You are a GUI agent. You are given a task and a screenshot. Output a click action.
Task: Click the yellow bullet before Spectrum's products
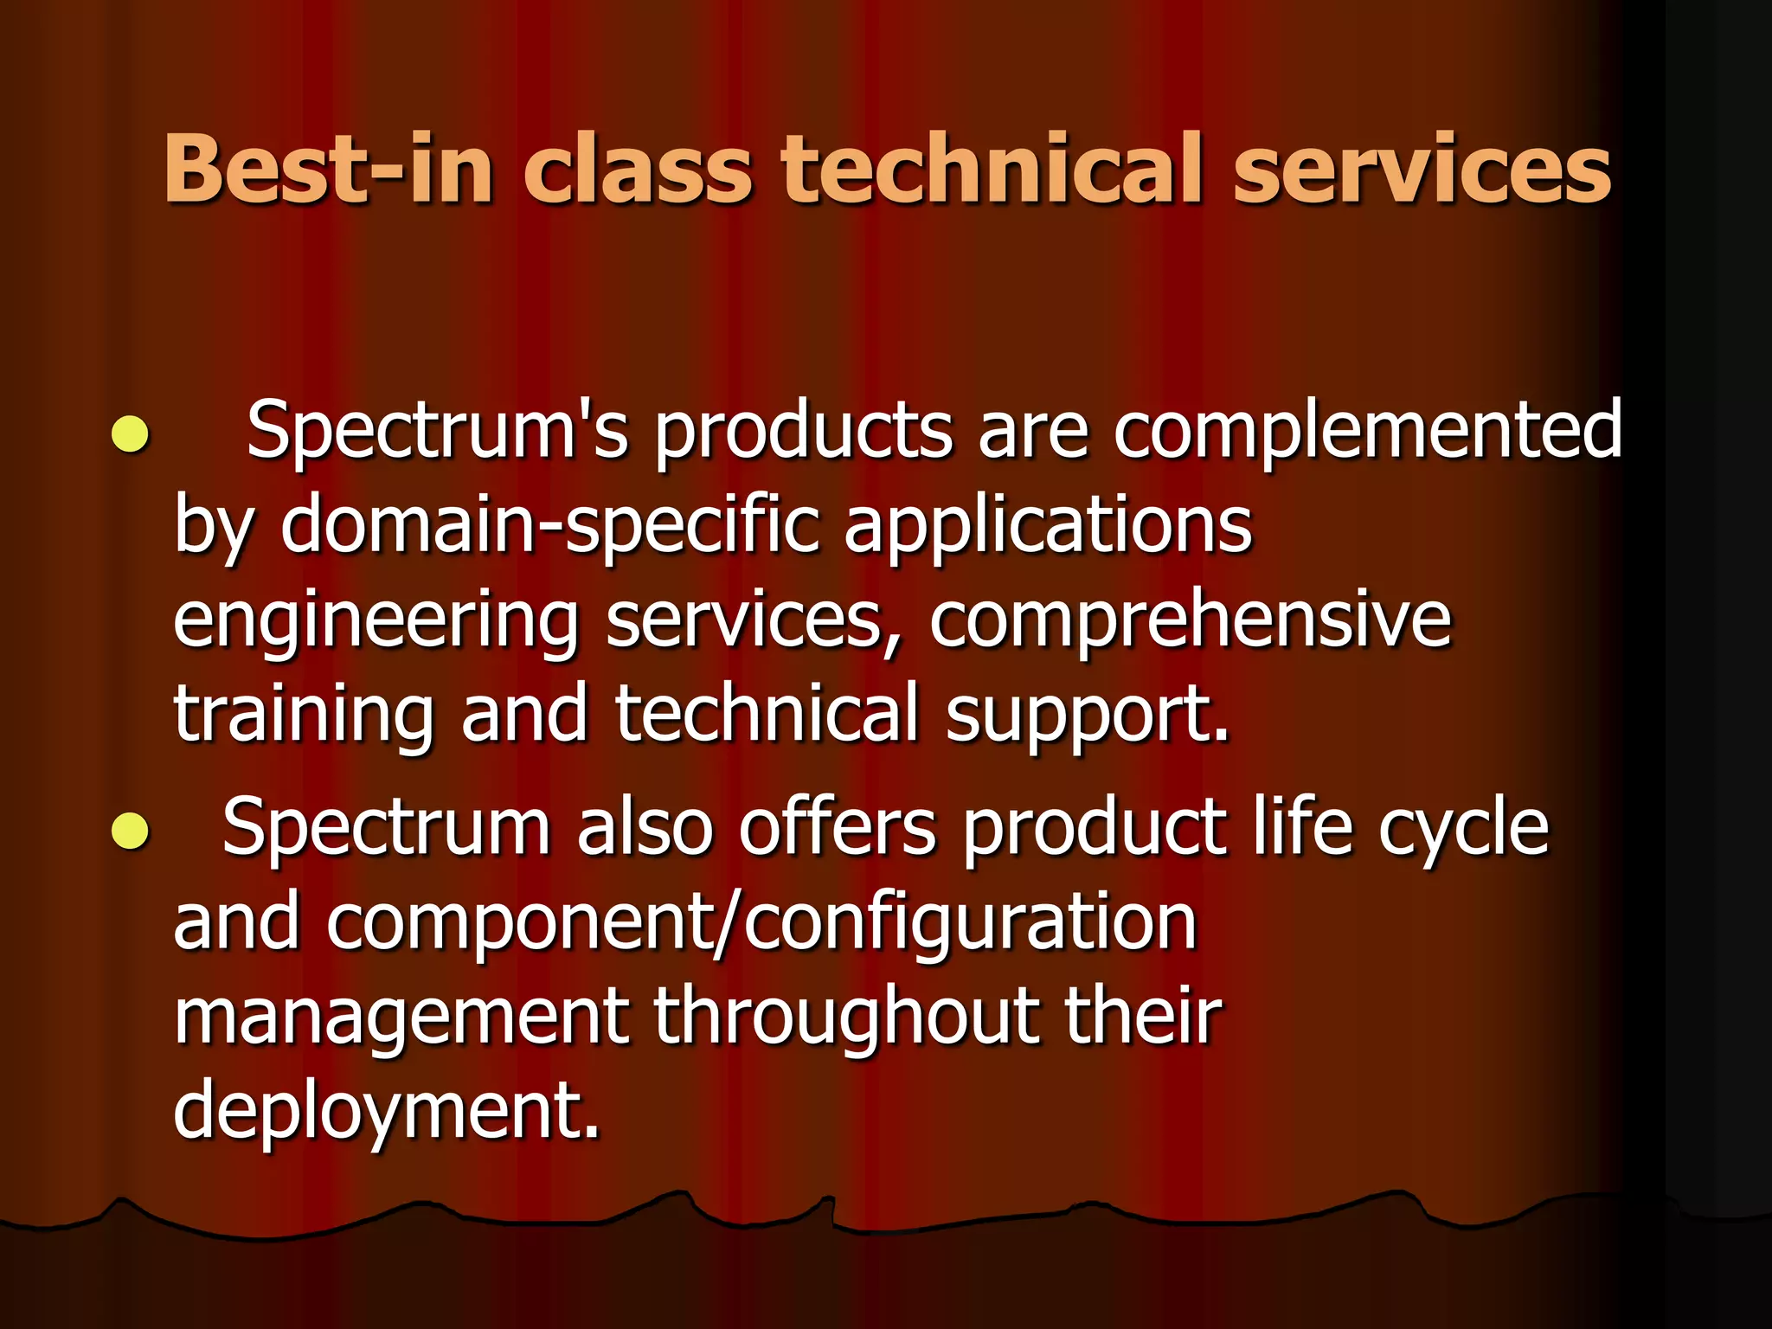point(131,433)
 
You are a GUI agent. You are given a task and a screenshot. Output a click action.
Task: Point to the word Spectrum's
point(437,430)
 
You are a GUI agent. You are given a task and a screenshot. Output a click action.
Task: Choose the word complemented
point(1367,430)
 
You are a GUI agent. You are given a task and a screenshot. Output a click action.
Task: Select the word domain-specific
point(549,525)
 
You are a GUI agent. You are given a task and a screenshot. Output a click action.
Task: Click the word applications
point(1048,525)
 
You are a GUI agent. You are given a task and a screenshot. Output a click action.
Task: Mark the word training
point(304,715)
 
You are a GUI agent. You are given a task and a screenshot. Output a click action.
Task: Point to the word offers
point(837,828)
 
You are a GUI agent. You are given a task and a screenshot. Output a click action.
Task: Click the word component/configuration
point(761,923)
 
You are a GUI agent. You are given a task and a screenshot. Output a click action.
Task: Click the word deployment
point(386,1113)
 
